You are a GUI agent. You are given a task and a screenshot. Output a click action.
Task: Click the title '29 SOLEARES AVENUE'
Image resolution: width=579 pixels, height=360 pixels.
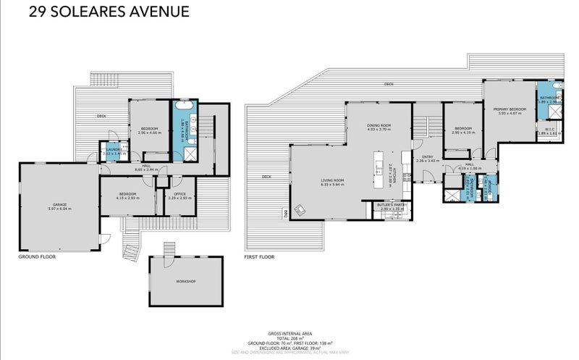108,12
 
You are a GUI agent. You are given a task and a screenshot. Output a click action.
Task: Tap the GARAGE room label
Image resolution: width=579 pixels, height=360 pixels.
59,204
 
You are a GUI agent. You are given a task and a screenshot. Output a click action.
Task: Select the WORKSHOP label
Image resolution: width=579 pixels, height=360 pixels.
185,281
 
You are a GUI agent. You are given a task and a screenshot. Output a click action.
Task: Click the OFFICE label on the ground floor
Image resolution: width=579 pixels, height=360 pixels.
179,193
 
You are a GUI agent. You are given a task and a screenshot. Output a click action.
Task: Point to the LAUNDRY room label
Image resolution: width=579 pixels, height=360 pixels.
114,149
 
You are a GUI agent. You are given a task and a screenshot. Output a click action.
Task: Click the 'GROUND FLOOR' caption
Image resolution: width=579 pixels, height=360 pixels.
37,256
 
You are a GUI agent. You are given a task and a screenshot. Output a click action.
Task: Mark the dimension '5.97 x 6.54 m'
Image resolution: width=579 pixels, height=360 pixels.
59,209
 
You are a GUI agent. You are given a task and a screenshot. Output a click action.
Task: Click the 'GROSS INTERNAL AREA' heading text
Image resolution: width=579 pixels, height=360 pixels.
289,332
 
